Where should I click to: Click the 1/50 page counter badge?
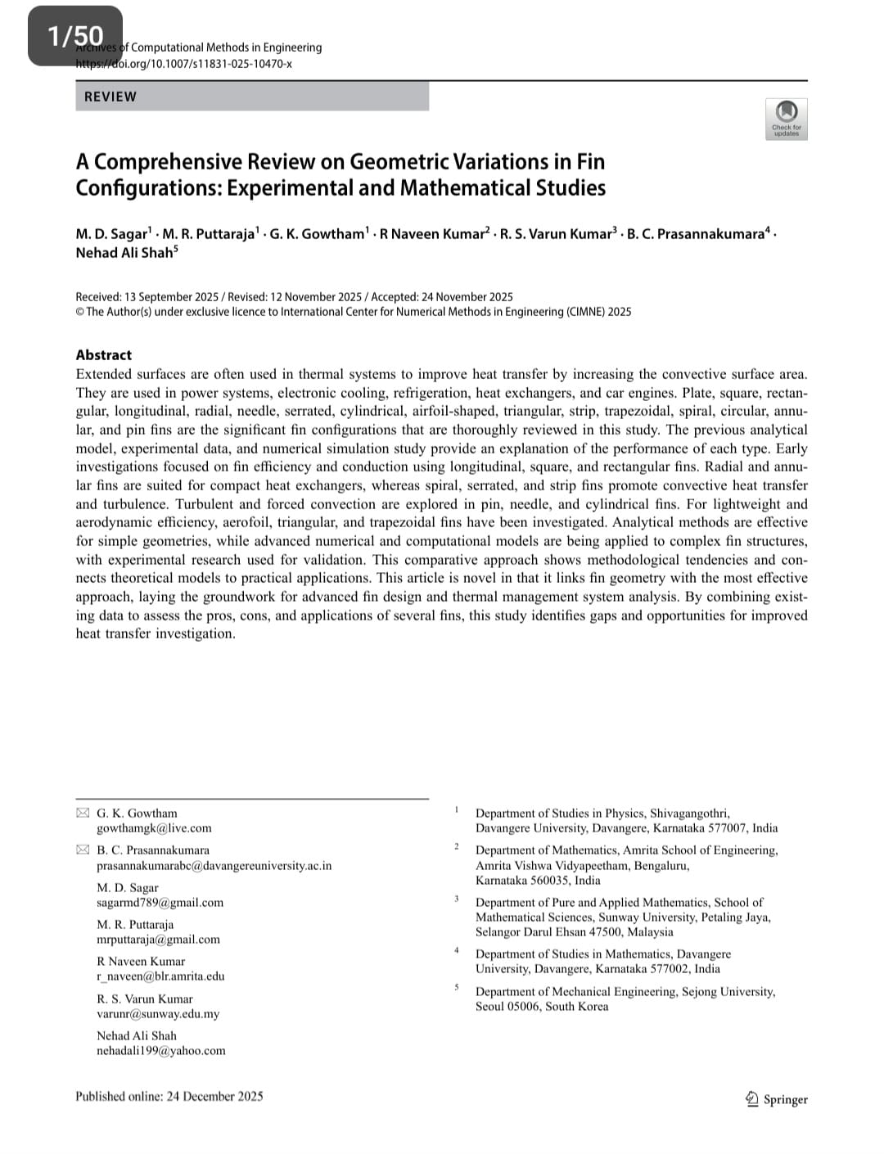tap(75, 36)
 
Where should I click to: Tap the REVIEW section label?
tap(110, 97)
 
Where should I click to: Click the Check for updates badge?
tap(786, 119)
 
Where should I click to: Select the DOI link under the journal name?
tap(184, 64)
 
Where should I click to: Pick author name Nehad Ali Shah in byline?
tap(124, 253)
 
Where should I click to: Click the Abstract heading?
tap(103, 354)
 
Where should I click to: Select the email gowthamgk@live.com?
tap(154, 828)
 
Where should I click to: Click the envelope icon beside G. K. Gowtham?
tap(83, 813)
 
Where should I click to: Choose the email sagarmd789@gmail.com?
tap(160, 903)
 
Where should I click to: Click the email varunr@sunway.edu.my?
tap(158, 1014)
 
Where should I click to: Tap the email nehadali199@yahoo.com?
tap(160, 1051)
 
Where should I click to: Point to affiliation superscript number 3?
tap(457, 899)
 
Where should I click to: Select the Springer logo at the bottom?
tap(776, 1099)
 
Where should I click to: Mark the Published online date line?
tap(169, 1097)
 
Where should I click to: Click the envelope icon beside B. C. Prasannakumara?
tap(83, 850)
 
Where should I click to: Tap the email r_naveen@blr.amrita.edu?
tap(160, 976)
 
